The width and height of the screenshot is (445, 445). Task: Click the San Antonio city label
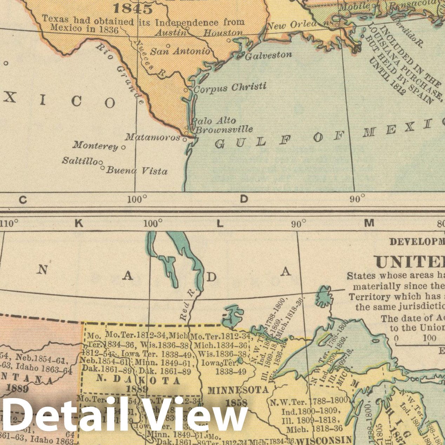click(x=180, y=51)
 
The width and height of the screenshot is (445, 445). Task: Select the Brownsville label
click(x=224, y=129)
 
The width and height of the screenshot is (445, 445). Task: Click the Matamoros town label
click(x=152, y=137)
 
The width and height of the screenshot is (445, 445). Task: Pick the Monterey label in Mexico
click(x=95, y=145)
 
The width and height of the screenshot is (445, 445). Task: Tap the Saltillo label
click(x=80, y=161)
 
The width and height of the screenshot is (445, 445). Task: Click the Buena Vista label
click(x=137, y=171)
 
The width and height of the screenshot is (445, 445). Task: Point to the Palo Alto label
click(x=213, y=121)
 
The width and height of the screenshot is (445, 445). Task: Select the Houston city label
click(x=223, y=33)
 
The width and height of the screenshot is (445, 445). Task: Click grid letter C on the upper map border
click(x=23, y=200)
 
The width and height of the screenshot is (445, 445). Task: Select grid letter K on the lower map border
click(x=79, y=224)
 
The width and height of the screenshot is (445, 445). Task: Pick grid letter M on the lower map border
click(x=369, y=223)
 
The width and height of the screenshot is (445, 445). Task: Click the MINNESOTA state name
click(x=238, y=390)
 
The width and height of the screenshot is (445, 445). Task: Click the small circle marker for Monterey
click(x=123, y=147)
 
